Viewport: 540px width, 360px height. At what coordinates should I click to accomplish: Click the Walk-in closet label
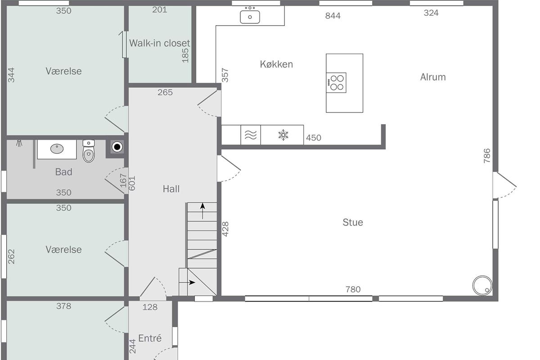(x=159, y=43)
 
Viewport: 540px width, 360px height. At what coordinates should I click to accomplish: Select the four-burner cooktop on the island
(x=336, y=82)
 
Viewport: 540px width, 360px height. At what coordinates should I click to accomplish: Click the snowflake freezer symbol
(x=283, y=135)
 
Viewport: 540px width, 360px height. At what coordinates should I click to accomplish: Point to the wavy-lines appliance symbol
(x=251, y=135)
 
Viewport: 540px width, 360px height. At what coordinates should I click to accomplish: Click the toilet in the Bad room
(x=89, y=151)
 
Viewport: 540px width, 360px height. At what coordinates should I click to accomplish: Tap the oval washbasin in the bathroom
(x=57, y=149)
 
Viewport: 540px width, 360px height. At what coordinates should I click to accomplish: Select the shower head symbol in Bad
(x=19, y=143)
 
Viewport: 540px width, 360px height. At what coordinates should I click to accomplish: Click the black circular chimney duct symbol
(x=117, y=147)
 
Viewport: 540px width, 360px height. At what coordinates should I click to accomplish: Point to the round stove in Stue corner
(x=482, y=285)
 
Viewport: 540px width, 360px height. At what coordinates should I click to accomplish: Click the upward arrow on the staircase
(x=202, y=211)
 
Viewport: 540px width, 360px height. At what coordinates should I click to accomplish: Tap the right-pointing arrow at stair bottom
(x=188, y=282)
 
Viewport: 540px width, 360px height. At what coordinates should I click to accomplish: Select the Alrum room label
(x=433, y=77)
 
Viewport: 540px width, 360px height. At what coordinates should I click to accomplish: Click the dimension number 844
(x=333, y=16)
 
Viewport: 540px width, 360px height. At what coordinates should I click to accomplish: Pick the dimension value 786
(x=487, y=156)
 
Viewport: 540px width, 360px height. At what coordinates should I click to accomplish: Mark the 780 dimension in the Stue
(x=353, y=289)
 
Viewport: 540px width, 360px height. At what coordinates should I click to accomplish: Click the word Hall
(x=171, y=189)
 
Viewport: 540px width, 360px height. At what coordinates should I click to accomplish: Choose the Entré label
(x=150, y=338)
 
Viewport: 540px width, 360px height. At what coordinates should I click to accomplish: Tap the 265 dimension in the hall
(x=165, y=92)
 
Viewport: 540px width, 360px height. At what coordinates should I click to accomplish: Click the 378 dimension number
(x=63, y=306)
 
